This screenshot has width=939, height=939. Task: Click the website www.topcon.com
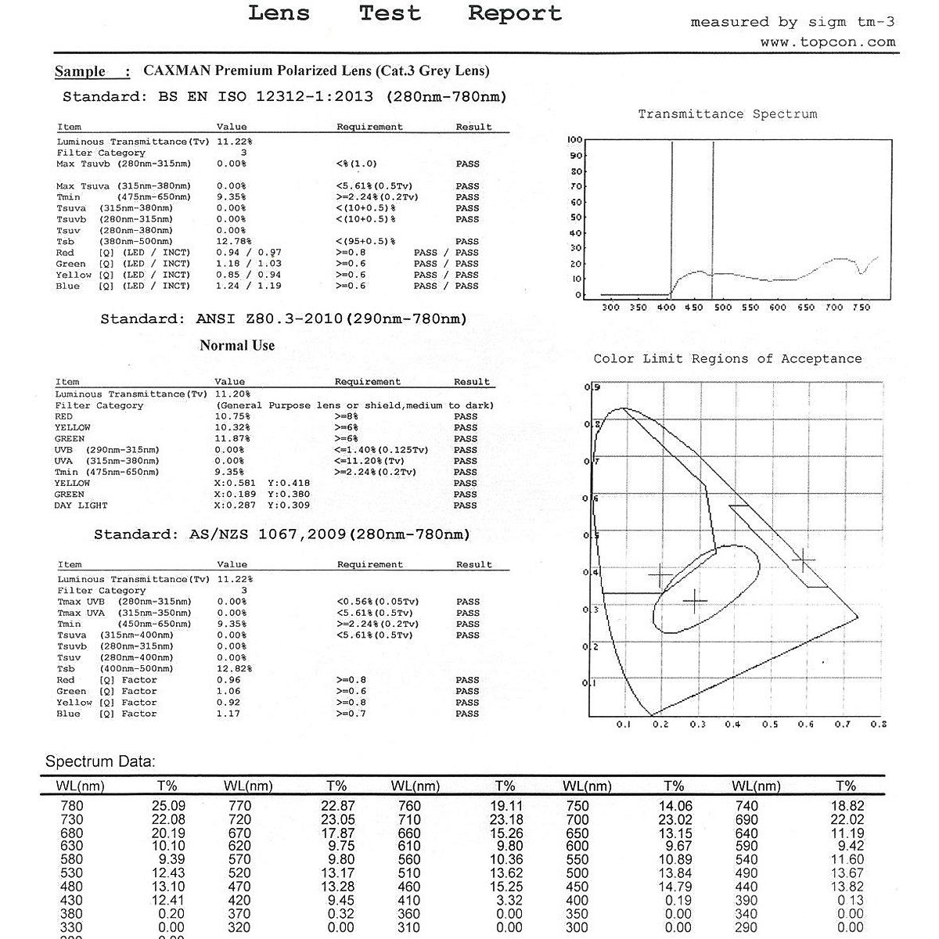[827, 42]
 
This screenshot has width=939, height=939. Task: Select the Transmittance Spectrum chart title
[727, 114]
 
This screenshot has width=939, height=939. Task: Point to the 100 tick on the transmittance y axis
[574, 140]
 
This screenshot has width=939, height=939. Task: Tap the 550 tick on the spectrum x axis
[750, 308]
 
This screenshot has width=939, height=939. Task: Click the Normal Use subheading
[237, 346]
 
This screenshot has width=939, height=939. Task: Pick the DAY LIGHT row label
[81, 505]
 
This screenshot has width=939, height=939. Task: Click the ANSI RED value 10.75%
[232, 417]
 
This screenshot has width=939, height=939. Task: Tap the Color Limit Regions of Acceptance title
[727, 359]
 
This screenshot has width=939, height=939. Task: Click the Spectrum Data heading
[100, 761]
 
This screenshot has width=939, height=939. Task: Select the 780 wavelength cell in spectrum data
[71, 806]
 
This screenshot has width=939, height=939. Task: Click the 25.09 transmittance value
[168, 806]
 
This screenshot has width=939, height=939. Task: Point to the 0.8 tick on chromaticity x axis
[878, 725]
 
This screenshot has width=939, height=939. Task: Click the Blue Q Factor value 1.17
[228, 714]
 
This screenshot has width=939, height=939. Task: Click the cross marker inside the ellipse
[695, 601]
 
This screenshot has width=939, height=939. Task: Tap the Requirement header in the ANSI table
[367, 383]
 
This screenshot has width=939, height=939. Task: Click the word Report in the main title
[515, 13]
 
